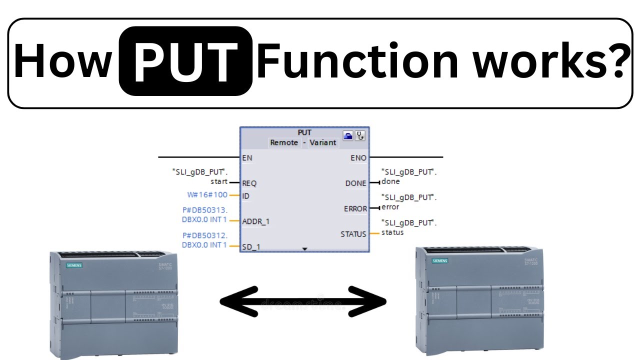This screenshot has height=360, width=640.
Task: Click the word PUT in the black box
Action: pyautogui.click(x=185, y=61)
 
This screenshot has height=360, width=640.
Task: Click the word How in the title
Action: pyautogui.click(x=62, y=61)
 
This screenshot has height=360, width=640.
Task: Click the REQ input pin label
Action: pyautogui.click(x=249, y=183)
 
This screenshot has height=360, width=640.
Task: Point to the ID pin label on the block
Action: pyautogui.click(x=245, y=196)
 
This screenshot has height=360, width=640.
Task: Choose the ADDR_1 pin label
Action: pyautogui.click(x=255, y=221)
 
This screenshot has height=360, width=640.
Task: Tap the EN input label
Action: pyautogui.click(x=246, y=158)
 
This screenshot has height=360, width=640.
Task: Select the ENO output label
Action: pyautogui.click(x=358, y=158)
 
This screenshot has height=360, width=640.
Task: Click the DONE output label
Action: pyautogui.click(x=355, y=183)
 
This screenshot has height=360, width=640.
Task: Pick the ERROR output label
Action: pyautogui.click(x=355, y=208)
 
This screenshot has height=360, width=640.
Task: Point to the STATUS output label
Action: pyautogui.click(x=353, y=234)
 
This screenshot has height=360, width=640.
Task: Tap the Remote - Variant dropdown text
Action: pyautogui.click(x=303, y=142)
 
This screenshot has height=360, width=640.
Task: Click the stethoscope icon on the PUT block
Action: pyautogui.click(x=359, y=135)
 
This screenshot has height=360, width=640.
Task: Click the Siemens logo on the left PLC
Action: pyautogui.click(x=74, y=265)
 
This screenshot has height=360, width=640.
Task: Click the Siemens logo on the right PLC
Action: pyautogui.click(x=440, y=261)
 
